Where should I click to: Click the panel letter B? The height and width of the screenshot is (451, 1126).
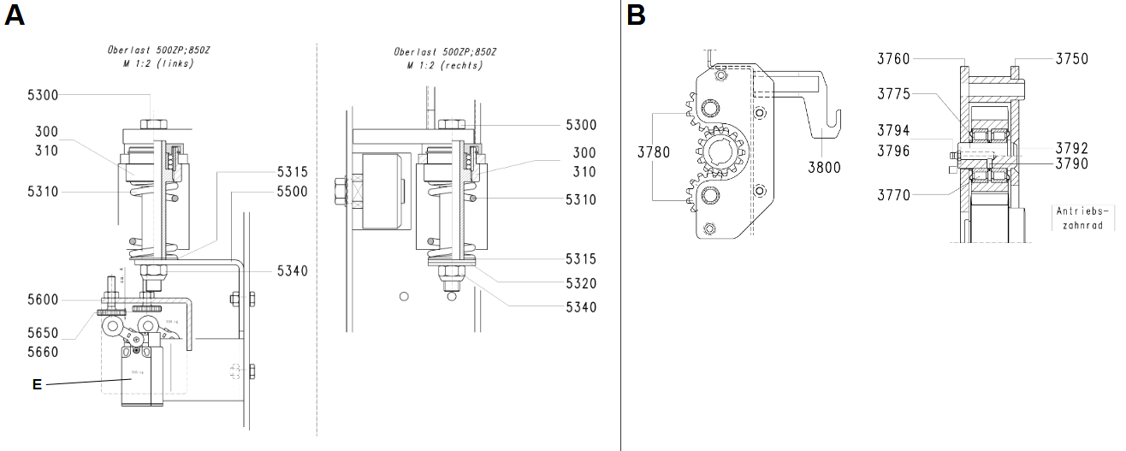(636, 15)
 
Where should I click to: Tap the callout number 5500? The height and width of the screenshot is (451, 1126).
(292, 193)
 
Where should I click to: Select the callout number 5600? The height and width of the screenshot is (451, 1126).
(43, 300)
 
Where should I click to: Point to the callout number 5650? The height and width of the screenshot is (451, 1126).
(43, 332)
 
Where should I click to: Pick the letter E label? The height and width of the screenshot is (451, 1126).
(37, 385)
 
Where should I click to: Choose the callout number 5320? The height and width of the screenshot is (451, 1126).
(581, 283)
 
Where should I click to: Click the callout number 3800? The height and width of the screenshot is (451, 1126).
(824, 168)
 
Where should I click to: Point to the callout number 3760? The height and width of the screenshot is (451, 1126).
(893, 58)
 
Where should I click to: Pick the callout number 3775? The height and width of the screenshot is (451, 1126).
(893, 94)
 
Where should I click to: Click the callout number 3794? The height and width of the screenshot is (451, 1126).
(893, 130)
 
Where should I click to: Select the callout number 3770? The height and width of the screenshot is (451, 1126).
(893, 195)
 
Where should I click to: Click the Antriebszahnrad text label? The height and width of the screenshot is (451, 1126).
(1084, 217)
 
